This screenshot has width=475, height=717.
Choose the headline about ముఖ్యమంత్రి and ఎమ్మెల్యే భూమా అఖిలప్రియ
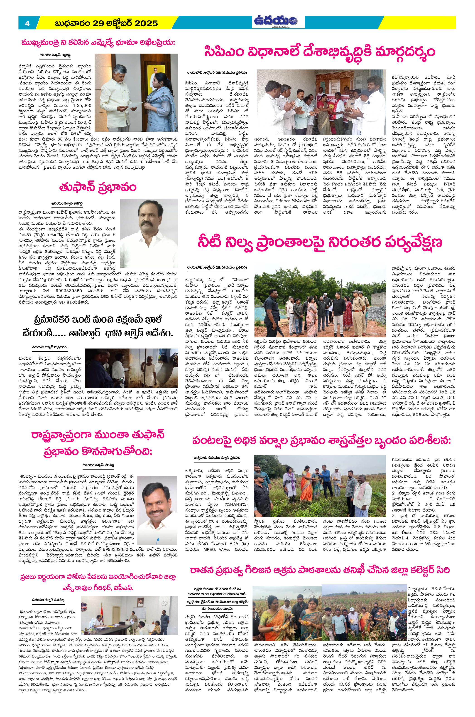point(98,42)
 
